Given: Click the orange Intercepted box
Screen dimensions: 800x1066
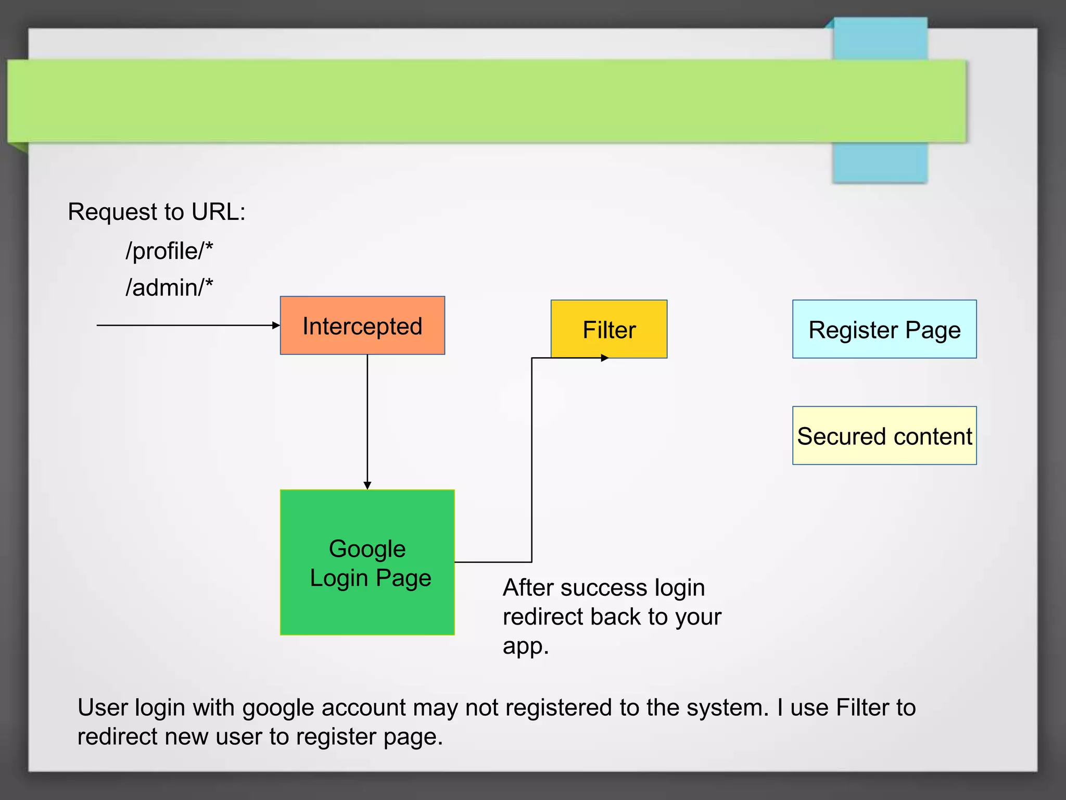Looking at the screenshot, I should [x=362, y=326].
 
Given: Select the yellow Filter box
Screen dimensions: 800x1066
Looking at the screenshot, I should [x=609, y=329].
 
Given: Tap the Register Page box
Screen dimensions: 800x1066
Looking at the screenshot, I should [x=884, y=329].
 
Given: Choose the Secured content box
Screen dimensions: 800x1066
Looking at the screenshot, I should [x=884, y=435].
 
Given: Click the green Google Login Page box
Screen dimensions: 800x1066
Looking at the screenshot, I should [x=367, y=562].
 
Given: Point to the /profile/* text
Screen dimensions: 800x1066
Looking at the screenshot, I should [x=169, y=251].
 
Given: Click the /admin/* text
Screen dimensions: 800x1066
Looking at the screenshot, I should [x=169, y=287].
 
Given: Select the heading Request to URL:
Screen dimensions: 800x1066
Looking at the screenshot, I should [x=156, y=212].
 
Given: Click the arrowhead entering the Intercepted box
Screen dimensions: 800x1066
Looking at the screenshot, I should [x=276, y=326].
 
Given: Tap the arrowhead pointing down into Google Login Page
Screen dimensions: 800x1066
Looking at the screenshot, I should [x=367, y=485].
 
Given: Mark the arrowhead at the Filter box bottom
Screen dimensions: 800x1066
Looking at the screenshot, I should [x=605, y=358].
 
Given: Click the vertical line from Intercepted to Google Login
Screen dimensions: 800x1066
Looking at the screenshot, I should [x=367, y=417].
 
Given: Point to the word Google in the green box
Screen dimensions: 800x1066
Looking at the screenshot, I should [x=367, y=549].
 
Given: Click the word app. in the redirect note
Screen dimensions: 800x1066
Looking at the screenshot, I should [x=525, y=647].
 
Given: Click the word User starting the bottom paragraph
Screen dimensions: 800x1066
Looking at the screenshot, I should [x=103, y=708].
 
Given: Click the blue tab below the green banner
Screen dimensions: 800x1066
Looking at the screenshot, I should [x=880, y=162].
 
